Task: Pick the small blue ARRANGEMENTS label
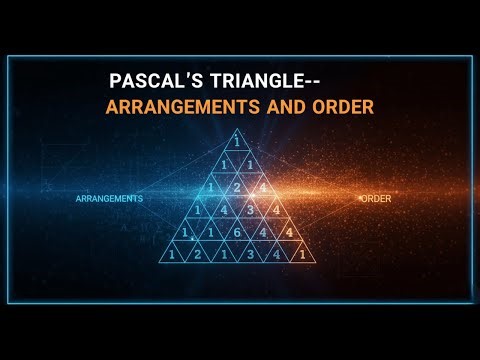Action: tap(109, 199)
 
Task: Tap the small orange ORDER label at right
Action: tap(376, 199)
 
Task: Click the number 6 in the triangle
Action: tap(237, 232)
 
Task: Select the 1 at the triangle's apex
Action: tap(237, 140)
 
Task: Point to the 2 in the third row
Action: tap(237, 186)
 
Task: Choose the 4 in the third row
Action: tap(262, 186)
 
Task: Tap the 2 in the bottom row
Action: tap(198, 255)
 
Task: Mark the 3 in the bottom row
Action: tap(250, 255)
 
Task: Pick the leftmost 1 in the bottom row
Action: tap(172, 255)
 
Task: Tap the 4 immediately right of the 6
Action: tap(263, 232)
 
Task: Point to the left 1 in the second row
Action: tap(224, 163)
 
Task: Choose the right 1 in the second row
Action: tap(250, 163)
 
